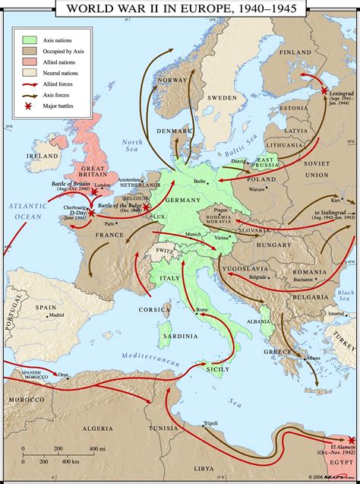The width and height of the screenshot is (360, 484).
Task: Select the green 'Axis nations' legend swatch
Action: [x=30, y=39]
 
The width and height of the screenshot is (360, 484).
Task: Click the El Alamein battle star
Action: [x=350, y=440]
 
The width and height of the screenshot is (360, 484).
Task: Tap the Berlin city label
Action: [x=200, y=181]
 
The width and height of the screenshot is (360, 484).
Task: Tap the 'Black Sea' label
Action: [x=346, y=295]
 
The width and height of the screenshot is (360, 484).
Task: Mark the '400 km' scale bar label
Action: [x=70, y=461]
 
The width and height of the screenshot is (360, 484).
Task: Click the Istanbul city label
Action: [x=335, y=312]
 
